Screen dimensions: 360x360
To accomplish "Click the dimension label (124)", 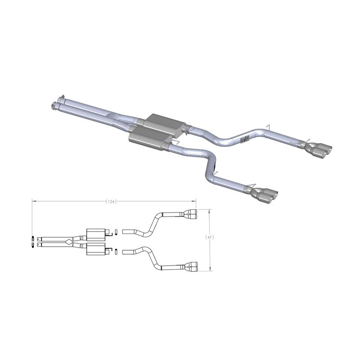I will tap(111, 201).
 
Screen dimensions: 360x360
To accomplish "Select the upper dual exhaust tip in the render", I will tap(320, 150).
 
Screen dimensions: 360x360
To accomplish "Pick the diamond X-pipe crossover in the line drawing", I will tap(67, 242).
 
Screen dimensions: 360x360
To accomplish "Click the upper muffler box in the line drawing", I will tap(95, 233).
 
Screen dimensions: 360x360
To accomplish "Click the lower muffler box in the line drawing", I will tap(95, 250).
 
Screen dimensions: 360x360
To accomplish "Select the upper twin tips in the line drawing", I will tap(191, 215).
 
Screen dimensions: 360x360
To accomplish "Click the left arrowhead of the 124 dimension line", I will tap(33, 201).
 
